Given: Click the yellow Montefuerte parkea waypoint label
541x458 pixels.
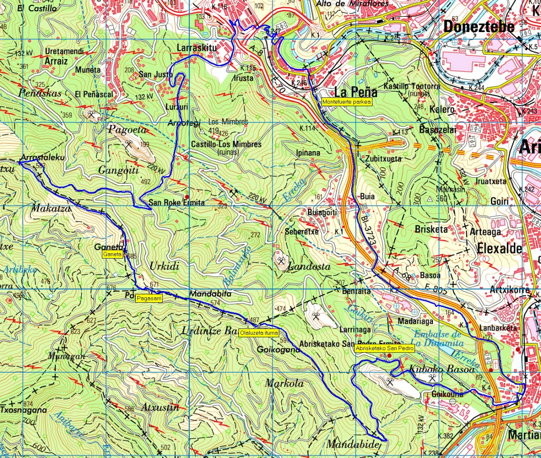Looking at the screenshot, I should pos(347,102).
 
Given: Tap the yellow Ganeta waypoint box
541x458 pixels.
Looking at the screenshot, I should pos(113,254).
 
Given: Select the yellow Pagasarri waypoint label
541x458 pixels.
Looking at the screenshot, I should pos(149,298).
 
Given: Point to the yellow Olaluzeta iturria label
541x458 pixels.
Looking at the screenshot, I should pos(259,333).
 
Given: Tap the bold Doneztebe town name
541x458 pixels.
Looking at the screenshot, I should pos(478,27).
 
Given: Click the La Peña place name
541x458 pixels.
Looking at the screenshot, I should pos(356,92).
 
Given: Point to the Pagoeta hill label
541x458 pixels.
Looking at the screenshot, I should pos(128,130).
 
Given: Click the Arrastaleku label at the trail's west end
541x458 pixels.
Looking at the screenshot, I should pos(43,157).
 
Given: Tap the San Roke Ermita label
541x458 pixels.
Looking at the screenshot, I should pos(177,203).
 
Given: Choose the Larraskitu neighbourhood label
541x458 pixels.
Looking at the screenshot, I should pos(197,47).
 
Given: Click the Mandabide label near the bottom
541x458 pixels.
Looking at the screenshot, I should pos(353,444).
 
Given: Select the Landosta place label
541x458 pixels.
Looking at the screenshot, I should pos(309,266).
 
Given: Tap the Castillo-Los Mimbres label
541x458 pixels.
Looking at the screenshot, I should pos(226,144).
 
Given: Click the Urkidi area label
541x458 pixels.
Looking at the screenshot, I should pos(164,266).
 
